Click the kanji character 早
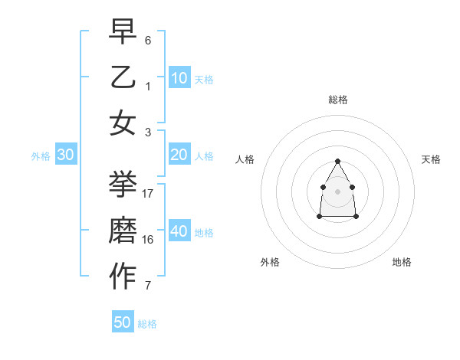(x=123, y=31)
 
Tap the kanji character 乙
(x=123, y=77)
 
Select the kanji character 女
(x=123, y=123)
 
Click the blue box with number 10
(x=179, y=78)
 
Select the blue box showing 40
(x=179, y=231)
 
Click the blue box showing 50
(x=123, y=322)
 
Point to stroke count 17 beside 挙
(x=148, y=194)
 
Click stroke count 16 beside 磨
(x=148, y=240)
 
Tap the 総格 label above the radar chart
(x=337, y=100)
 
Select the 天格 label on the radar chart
(x=431, y=159)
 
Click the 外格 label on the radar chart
(x=270, y=262)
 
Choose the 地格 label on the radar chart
(x=402, y=262)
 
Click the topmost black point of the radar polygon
(x=337, y=161)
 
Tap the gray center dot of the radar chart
(x=337, y=191)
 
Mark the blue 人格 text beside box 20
(x=205, y=156)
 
